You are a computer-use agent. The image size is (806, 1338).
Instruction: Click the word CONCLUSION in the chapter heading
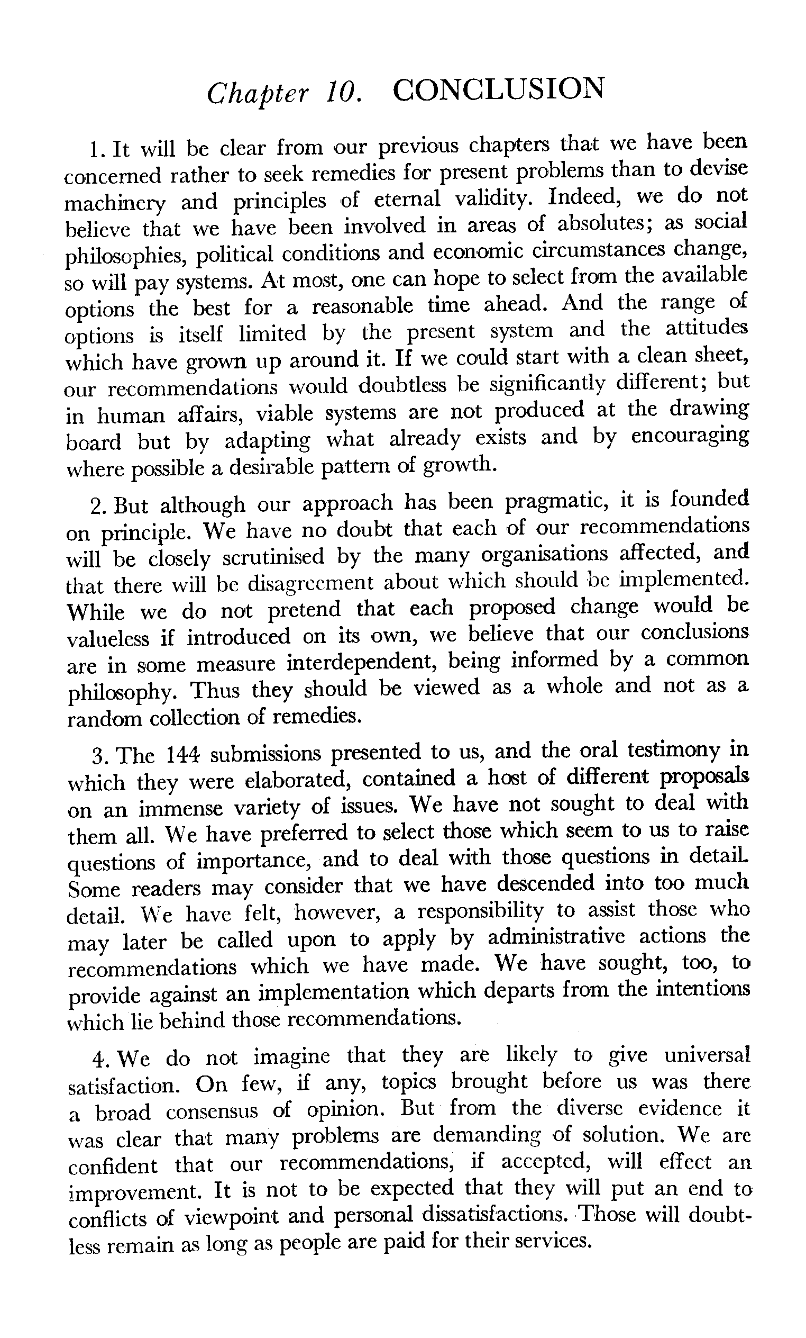(498, 89)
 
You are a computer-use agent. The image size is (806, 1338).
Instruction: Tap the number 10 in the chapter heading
(343, 92)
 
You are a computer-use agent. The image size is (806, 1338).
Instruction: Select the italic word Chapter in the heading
(257, 93)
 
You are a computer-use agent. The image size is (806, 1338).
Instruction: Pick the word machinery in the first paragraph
(115, 203)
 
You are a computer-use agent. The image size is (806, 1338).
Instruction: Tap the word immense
(181, 809)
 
